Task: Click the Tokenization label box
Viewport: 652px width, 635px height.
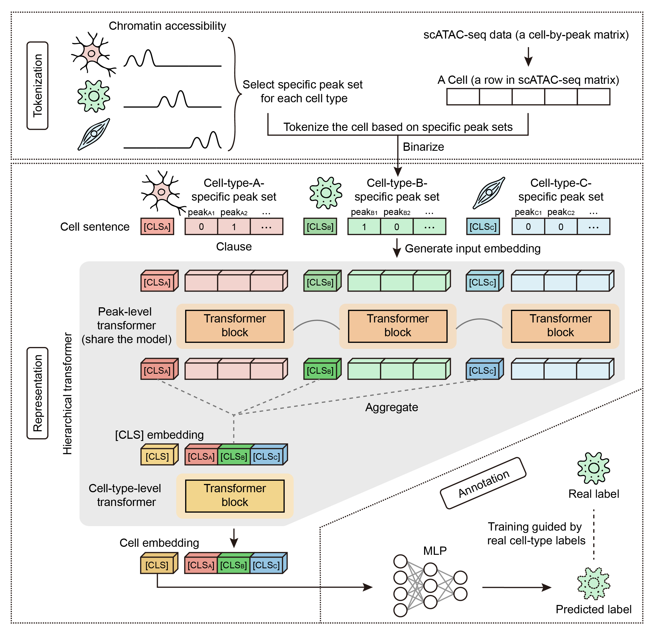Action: tap(38, 86)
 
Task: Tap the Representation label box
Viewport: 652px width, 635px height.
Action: tap(38, 393)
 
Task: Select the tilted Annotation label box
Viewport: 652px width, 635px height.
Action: tap(483, 483)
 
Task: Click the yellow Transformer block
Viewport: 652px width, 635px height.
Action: tap(235, 496)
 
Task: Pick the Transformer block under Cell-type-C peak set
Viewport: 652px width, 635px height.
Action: tap(560, 326)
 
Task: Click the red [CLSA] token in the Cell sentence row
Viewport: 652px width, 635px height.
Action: tap(157, 227)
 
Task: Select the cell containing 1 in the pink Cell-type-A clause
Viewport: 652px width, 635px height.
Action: tap(234, 227)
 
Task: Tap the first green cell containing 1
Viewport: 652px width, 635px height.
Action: tap(364, 227)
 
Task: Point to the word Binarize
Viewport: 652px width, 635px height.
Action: tap(423, 147)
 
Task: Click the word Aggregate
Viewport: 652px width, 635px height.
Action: tap(391, 407)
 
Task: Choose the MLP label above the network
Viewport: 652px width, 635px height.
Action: tap(435, 551)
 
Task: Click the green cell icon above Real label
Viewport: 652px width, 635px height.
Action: tap(593, 468)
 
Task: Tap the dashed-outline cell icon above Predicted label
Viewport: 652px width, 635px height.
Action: tap(593, 583)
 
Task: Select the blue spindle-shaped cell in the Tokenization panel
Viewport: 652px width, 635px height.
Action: tap(94, 134)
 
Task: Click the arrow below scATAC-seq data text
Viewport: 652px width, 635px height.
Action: tap(528, 56)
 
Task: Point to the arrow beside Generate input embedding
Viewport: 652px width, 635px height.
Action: tap(396, 247)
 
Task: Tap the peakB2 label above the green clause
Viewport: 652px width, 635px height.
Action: tap(396, 212)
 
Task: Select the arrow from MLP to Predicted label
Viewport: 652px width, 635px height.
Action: tap(516, 587)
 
